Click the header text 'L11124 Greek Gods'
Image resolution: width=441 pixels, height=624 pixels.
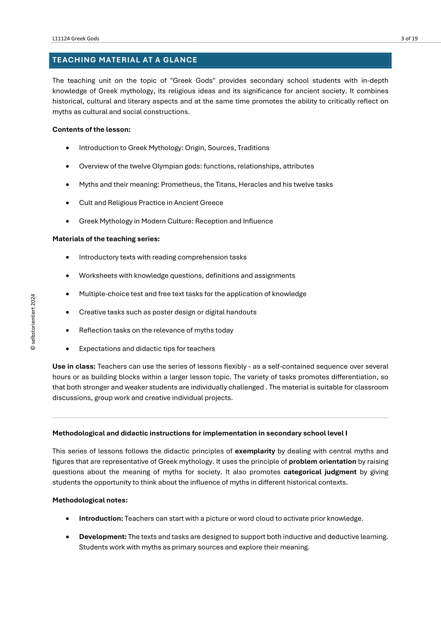pos(76,38)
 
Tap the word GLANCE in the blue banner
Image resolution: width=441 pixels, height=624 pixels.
pos(180,60)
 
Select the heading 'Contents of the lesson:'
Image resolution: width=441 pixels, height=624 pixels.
pos(91,129)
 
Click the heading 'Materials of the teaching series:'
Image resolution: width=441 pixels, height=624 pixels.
pos(106,239)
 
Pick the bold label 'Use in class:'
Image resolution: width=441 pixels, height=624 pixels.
pos(74,367)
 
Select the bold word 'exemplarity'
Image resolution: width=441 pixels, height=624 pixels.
pos(255,451)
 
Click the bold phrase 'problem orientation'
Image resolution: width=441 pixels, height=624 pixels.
pos(323,462)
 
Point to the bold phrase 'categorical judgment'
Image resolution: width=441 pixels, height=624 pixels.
pos(320,472)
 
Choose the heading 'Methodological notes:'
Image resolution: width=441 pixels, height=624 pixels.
pos(90,500)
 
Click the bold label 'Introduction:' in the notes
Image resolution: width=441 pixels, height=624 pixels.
pos(101,519)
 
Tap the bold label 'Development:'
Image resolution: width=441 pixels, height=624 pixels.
pos(103,537)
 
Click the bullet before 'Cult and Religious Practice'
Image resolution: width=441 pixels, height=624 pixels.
pos(67,203)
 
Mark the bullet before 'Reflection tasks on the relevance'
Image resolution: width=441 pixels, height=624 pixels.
pos(67,331)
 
